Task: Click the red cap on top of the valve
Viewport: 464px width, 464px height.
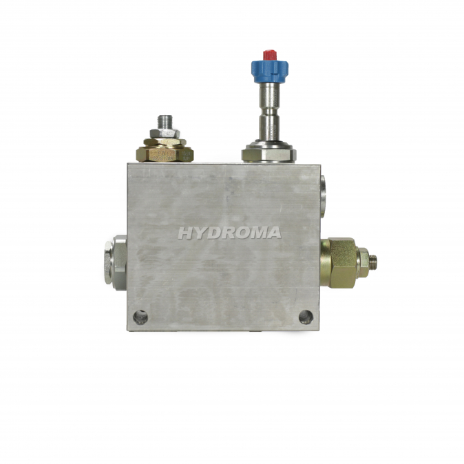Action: click(x=270, y=55)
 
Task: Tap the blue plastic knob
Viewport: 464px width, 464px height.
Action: click(x=269, y=71)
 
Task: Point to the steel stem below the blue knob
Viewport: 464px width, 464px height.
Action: click(x=269, y=112)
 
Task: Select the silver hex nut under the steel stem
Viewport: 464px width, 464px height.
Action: click(x=268, y=154)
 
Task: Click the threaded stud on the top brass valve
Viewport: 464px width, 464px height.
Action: click(x=165, y=122)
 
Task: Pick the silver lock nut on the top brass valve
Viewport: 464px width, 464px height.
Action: click(x=165, y=134)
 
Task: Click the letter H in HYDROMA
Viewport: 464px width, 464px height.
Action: click(x=185, y=233)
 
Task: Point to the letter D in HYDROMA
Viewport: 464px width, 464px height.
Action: click(x=212, y=233)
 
